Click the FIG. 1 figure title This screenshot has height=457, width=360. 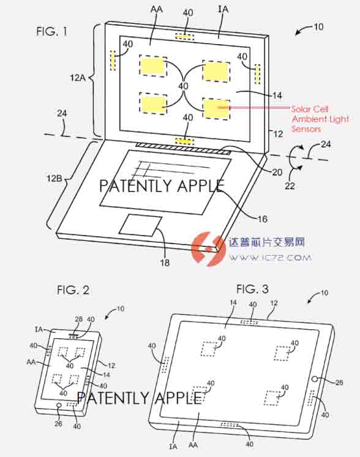pos(51,31)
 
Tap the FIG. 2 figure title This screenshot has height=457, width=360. pos(73,290)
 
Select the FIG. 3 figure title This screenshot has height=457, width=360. pos(252,289)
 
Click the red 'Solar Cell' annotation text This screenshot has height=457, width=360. pos(310,109)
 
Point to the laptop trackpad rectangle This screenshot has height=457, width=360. pos(140,226)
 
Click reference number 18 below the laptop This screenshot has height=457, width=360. pos(165,262)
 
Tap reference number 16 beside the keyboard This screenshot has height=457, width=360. pos(263,219)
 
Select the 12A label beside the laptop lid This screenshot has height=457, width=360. pos(78,78)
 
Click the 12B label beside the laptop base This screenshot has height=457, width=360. pos(54,178)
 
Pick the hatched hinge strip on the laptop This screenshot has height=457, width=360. pos(183,148)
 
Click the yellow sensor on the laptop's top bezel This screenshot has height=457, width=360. pos(185,37)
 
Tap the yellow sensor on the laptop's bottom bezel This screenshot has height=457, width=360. pos(184,141)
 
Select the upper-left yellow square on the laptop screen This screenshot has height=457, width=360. pos(153,66)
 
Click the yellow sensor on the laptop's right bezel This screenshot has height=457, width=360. pos(257,74)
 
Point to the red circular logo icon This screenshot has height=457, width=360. pos(208,248)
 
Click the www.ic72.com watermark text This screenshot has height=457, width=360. pos(270,258)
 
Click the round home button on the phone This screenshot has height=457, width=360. pos(59,406)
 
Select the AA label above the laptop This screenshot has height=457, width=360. pos(156,10)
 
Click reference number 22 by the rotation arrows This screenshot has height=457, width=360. pos(290,185)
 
